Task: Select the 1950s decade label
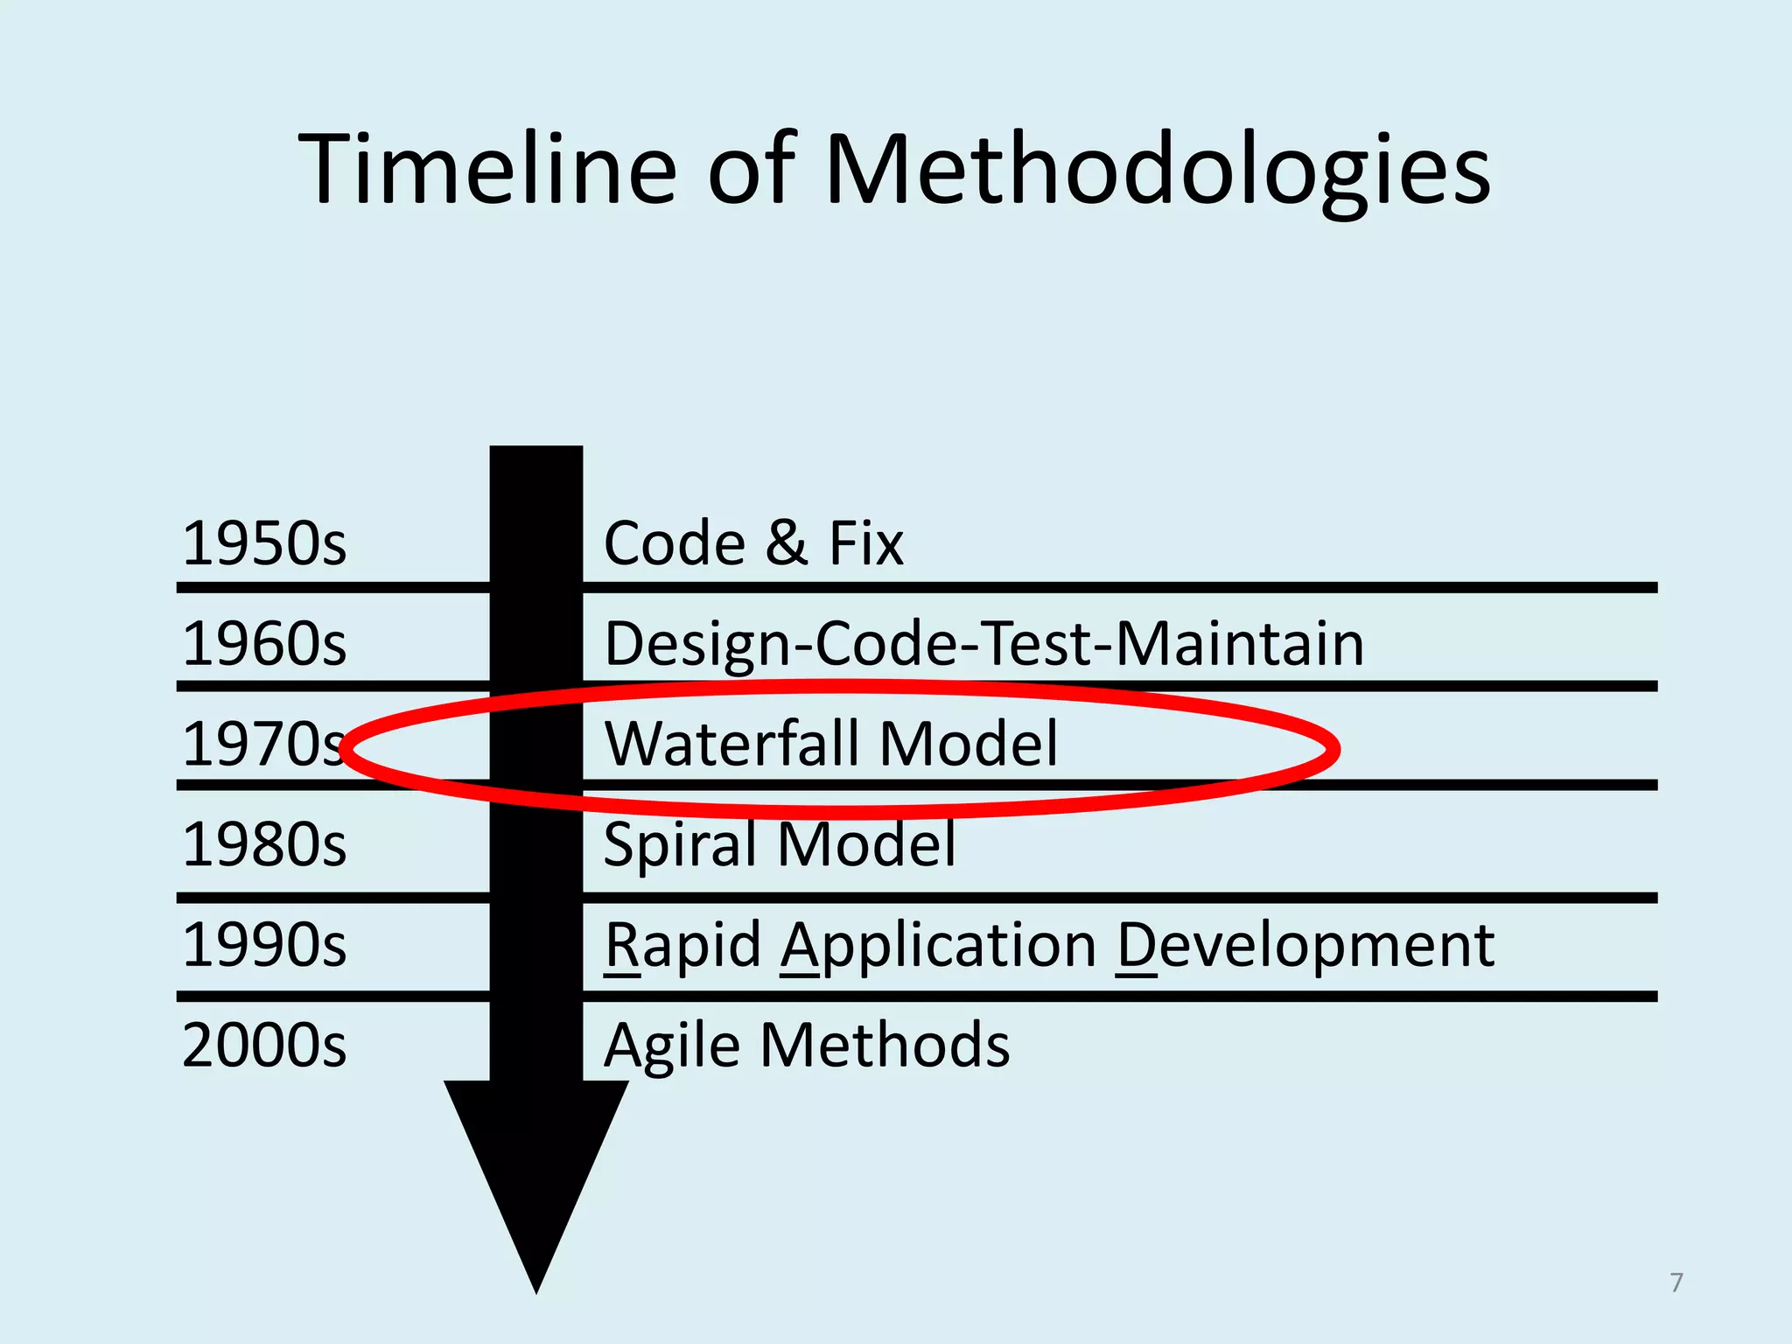(264, 543)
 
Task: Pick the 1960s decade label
(264, 644)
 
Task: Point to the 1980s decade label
(264, 844)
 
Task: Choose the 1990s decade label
(264, 945)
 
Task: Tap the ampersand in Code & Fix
(786, 543)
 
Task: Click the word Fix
(865, 543)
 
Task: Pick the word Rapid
(682, 947)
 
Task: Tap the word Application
(939, 947)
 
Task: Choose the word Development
(1305, 947)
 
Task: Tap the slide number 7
(1676, 1283)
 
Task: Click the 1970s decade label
(262, 745)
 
